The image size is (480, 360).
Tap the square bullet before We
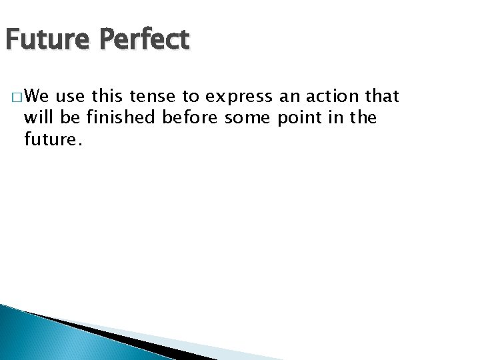[15, 99]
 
